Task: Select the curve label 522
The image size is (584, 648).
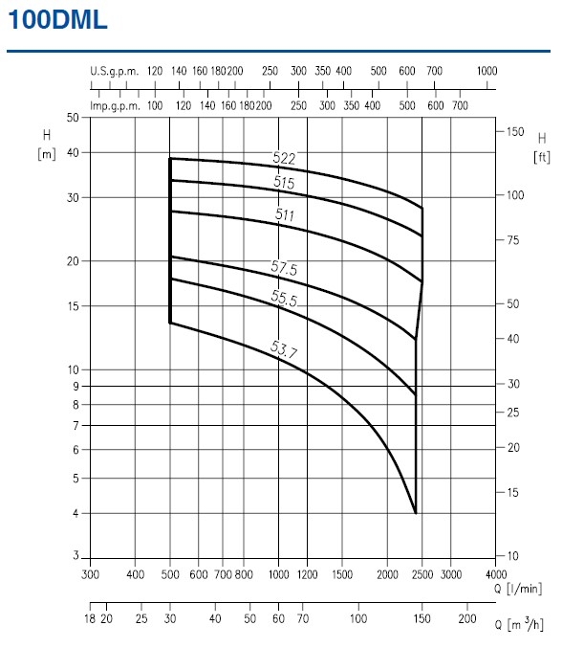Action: tap(285, 159)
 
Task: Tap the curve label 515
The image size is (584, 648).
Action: tap(283, 182)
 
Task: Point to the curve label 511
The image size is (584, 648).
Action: tap(284, 215)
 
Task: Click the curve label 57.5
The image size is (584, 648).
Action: tap(285, 270)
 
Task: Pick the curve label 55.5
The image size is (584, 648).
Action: tap(285, 299)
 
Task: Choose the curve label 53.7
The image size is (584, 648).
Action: tap(285, 351)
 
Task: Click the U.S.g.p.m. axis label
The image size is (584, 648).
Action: tap(115, 71)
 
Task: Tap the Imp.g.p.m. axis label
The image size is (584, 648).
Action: tap(115, 105)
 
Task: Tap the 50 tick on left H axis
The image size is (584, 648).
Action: tap(72, 118)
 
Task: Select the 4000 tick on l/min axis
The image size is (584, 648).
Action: tap(497, 574)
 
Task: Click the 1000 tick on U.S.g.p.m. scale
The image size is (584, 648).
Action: tap(487, 71)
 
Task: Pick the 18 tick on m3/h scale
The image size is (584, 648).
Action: tap(91, 620)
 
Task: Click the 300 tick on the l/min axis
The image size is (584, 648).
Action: tap(91, 574)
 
